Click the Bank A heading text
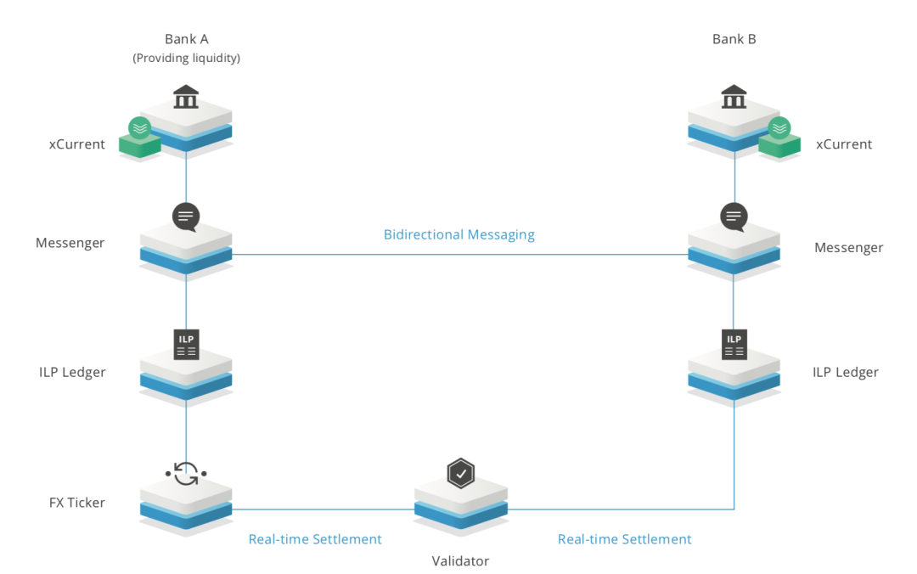tap(186, 39)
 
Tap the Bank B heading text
tap(734, 39)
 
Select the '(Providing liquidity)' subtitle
tap(186, 58)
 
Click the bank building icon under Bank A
tap(186, 98)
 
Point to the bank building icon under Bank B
tap(734, 98)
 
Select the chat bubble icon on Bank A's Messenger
tap(186, 217)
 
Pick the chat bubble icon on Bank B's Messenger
tap(734, 217)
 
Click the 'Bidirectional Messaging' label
tap(459, 234)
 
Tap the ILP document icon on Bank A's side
tap(186, 344)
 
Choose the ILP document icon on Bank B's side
tap(734, 344)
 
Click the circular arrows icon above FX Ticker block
tap(186, 472)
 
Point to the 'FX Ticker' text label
tap(76, 503)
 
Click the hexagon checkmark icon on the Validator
tap(460, 473)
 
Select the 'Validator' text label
tap(460, 560)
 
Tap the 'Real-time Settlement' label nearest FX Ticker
tap(315, 539)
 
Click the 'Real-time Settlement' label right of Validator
tap(624, 539)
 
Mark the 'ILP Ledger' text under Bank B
tap(845, 372)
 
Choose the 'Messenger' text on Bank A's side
tap(70, 243)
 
